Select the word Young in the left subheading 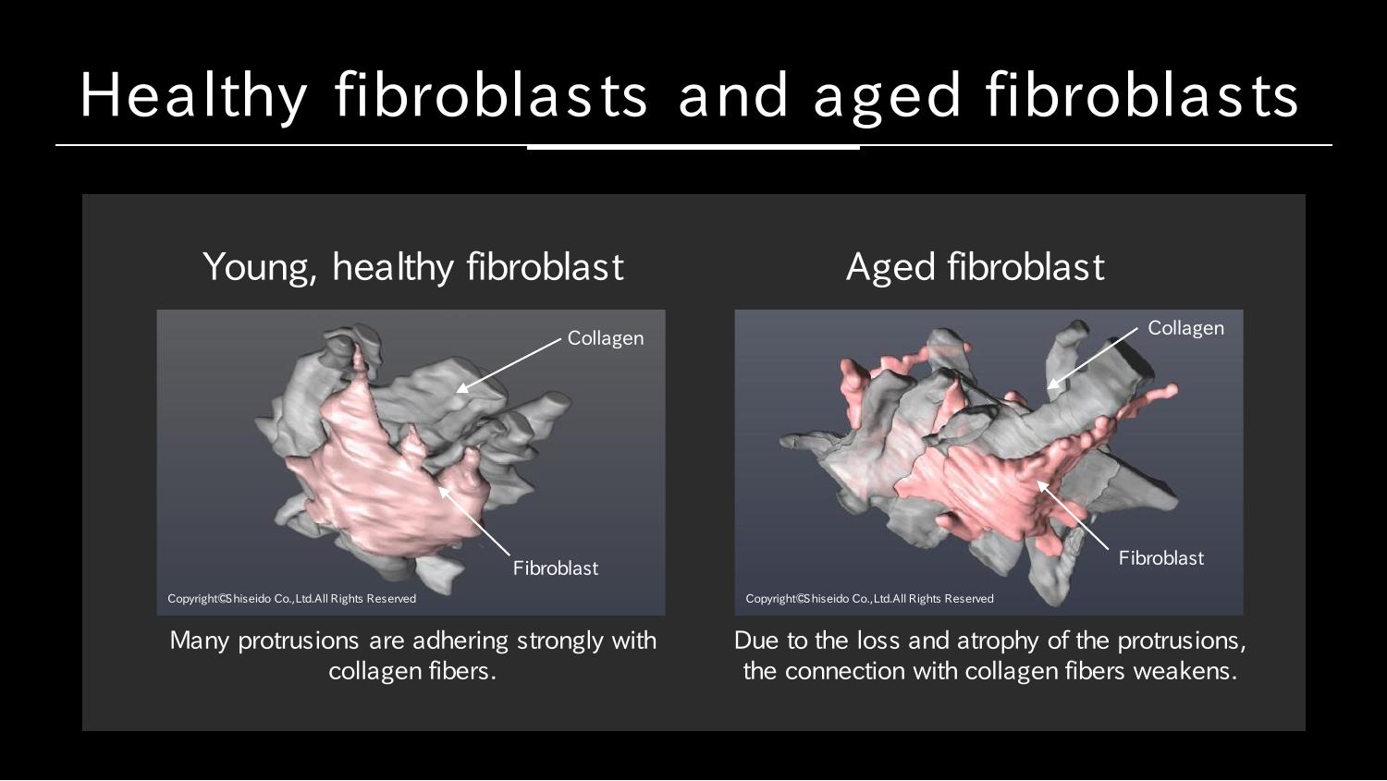[259, 268]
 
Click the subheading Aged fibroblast [976, 267]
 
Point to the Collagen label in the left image [606, 338]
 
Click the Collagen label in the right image [1185, 327]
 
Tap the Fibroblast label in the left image [556, 568]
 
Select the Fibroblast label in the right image [1161, 558]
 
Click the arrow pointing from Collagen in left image [509, 365]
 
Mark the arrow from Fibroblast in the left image [473, 520]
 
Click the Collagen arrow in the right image [1092, 358]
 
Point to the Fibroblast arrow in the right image [1073, 515]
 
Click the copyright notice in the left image [291, 598]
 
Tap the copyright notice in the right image [869, 598]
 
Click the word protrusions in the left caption [299, 641]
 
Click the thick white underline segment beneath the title [693, 147]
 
